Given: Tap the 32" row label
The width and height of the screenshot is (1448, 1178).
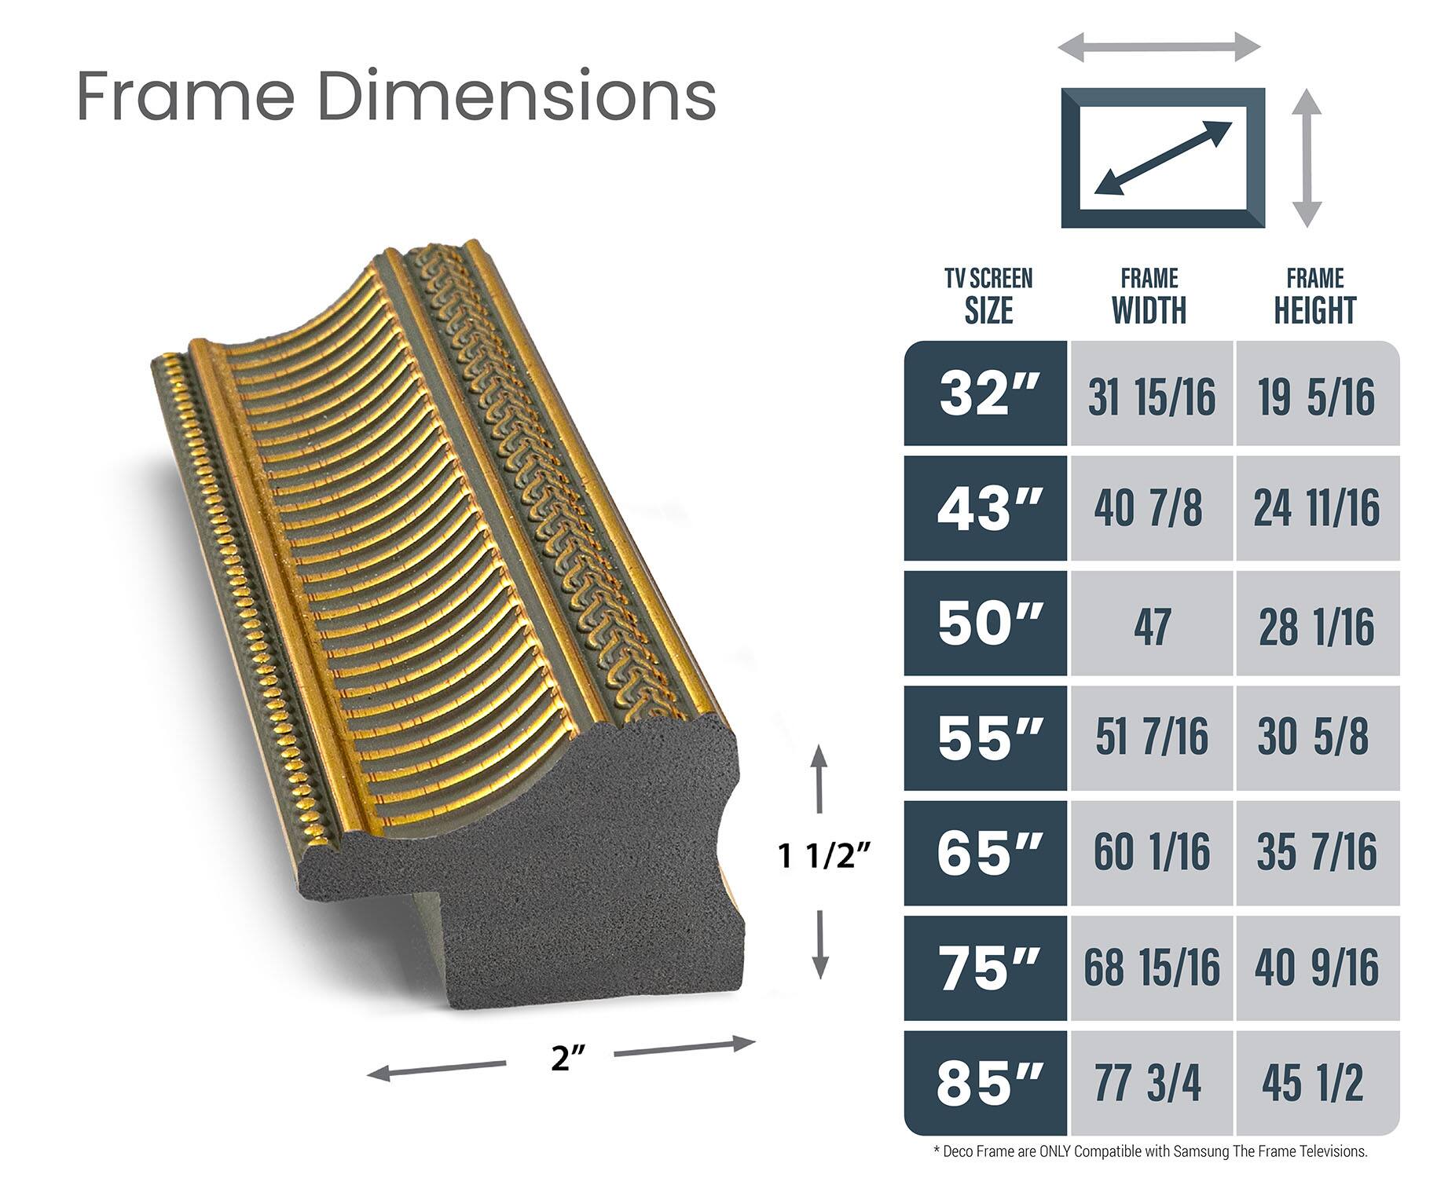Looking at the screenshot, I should pyautogui.click(x=988, y=394).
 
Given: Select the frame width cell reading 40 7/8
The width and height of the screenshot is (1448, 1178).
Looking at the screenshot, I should pyautogui.click(x=1149, y=508).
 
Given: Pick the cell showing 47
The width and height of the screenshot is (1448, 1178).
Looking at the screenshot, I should pyautogui.click(x=1151, y=626).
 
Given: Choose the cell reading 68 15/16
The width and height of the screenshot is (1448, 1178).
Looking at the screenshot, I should pyautogui.click(x=1151, y=968).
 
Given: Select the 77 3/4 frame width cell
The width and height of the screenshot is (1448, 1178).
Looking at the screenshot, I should pyautogui.click(x=1149, y=1083).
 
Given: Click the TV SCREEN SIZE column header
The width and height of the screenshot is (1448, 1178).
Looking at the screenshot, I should pyautogui.click(x=988, y=296).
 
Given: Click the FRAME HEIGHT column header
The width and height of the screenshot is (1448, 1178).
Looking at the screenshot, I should pyautogui.click(x=1314, y=296).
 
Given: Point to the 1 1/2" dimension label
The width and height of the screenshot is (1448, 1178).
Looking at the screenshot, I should pyautogui.click(x=825, y=856).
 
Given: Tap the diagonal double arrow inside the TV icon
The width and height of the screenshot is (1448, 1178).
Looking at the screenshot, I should pyautogui.click(x=1164, y=158).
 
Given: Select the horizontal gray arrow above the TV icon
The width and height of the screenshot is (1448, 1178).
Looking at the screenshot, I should pyautogui.click(x=1159, y=47).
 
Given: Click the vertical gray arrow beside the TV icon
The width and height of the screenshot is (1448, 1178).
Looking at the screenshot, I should pyautogui.click(x=1307, y=158).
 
